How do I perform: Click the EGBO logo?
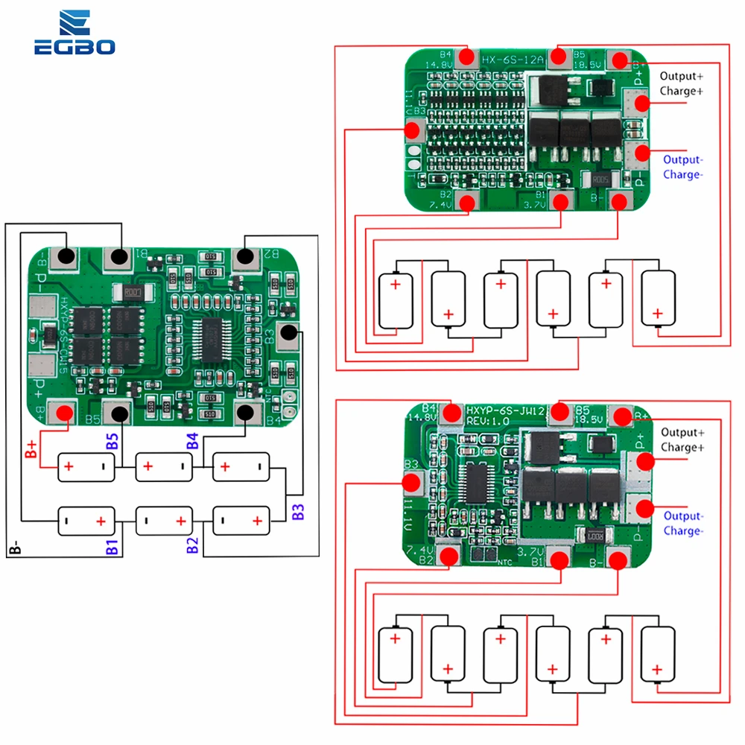[x=74, y=34]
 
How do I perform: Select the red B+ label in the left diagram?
[x=31, y=448]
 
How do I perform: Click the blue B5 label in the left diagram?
[x=112, y=439]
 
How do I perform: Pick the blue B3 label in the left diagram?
[x=298, y=511]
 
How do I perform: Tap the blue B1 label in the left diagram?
[x=112, y=545]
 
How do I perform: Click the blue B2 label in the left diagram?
[x=193, y=545]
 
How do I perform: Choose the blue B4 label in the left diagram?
[x=193, y=439]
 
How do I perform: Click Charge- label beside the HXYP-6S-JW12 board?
[x=682, y=531]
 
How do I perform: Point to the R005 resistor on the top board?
[x=600, y=180]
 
